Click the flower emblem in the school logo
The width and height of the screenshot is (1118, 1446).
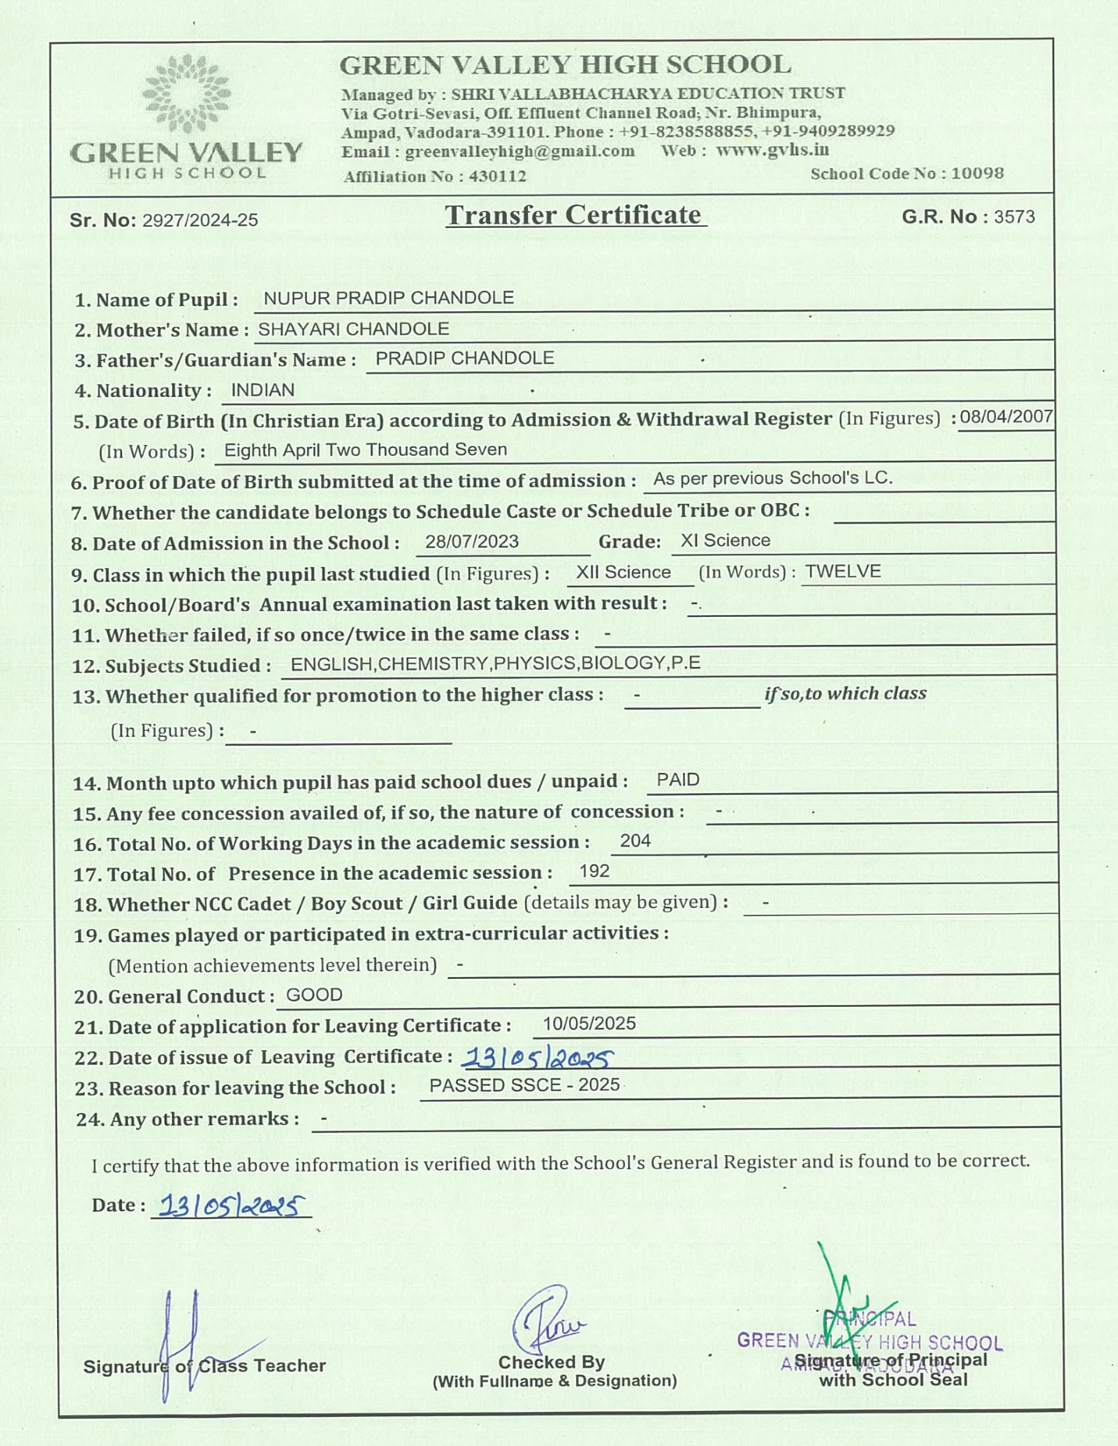pyautogui.click(x=187, y=93)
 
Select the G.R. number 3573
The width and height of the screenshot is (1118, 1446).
pyautogui.click(x=1014, y=216)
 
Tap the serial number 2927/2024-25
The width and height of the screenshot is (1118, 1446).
pyautogui.click(x=200, y=220)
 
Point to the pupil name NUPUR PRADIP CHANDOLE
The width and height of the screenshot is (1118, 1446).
pyautogui.click(x=388, y=298)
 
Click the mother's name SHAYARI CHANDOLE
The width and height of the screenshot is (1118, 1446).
pyautogui.click(x=353, y=329)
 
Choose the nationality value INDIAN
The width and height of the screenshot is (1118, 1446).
pyautogui.click(x=262, y=390)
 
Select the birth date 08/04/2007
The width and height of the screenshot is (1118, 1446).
pyautogui.click(x=1006, y=416)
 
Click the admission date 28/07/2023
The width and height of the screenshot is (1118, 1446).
pyautogui.click(x=472, y=542)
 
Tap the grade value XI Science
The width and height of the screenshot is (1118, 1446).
pyautogui.click(x=725, y=541)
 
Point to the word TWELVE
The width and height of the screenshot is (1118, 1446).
pyautogui.click(x=843, y=571)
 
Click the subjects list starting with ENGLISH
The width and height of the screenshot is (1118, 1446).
pyautogui.click(x=495, y=663)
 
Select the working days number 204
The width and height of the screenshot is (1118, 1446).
pyautogui.click(x=635, y=841)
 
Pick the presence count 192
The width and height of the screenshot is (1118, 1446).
pyautogui.click(x=594, y=871)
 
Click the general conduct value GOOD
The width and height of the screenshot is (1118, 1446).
pyautogui.click(x=314, y=995)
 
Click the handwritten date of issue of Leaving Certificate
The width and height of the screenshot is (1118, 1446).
pyautogui.click(x=537, y=1059)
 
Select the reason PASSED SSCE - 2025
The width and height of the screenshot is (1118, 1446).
pyautogui.click(x=524, y=1085)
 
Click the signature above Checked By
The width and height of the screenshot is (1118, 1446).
pyautogui.click(x=547, y=1320)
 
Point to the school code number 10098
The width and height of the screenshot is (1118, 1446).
pyautogui.click(x=977, y=173)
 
